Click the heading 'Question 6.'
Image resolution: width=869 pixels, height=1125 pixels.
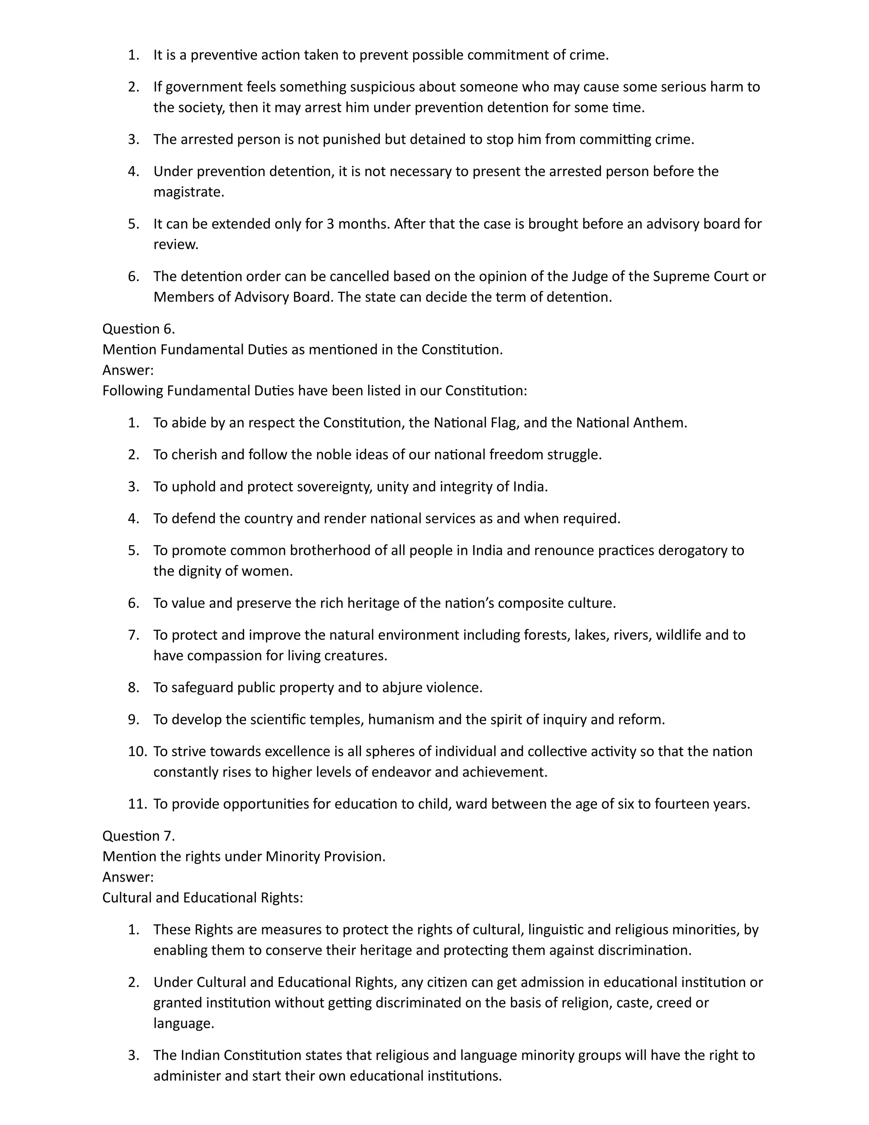(x=138, y=329)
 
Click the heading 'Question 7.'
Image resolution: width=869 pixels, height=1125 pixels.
(x=138, y=835)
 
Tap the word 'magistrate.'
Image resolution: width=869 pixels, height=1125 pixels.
(x=188, y=192)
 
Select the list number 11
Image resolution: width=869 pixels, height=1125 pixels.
(x=137, y=804)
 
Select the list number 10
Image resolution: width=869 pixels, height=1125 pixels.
(x=137, y=751)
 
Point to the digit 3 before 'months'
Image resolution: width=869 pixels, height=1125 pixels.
(x=331, y=224)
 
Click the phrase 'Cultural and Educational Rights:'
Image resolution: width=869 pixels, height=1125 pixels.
(x=203, y=898)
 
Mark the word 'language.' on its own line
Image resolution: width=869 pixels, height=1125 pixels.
(x=183, y=1024)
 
